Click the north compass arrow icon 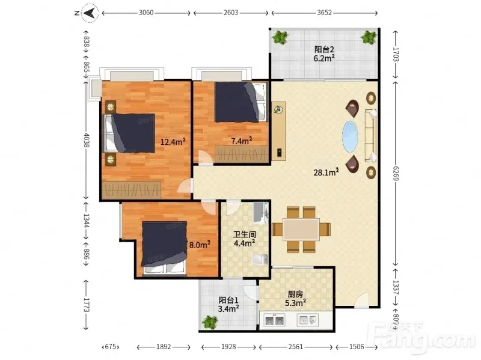tap(90, 13)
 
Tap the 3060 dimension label tap(146, 13)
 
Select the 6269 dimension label tap(396, 173)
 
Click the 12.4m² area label tap(173, 142)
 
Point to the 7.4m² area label tap(242, 141)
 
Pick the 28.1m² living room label tap(326, 172)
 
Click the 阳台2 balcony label tap(324, 49)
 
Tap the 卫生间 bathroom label tap(245, 234)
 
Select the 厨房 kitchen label tap(295, 294)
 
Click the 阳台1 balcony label tap(228, 301)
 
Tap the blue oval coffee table tap(350, 136)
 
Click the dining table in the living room tap(301, 229)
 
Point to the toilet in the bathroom tap(260, 260)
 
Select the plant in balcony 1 tap(210, 322)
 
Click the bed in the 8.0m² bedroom tap(164, 247)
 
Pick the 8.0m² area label tap(200, 245)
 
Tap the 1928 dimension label tap(228, 347)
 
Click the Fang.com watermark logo tap(424, 337)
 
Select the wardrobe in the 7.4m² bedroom tap(242, 154)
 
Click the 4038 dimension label tap(87, 140)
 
